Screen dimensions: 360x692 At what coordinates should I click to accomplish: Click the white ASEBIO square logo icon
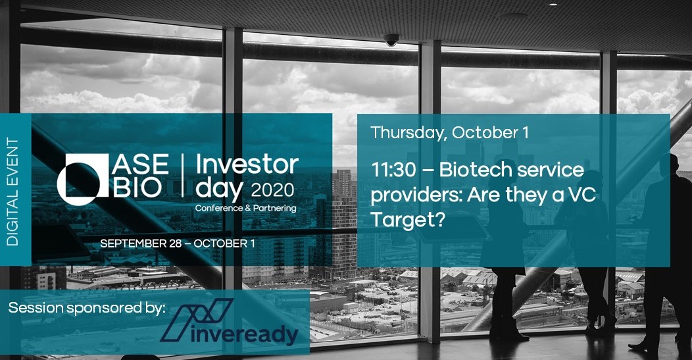82,177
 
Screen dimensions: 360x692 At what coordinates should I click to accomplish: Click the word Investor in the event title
247,165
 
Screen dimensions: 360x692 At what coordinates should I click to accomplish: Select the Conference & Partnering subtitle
245,208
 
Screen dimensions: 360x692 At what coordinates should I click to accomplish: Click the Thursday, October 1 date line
449,132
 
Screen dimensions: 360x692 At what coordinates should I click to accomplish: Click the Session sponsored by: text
86,308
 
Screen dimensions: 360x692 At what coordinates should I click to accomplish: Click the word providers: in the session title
414,195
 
